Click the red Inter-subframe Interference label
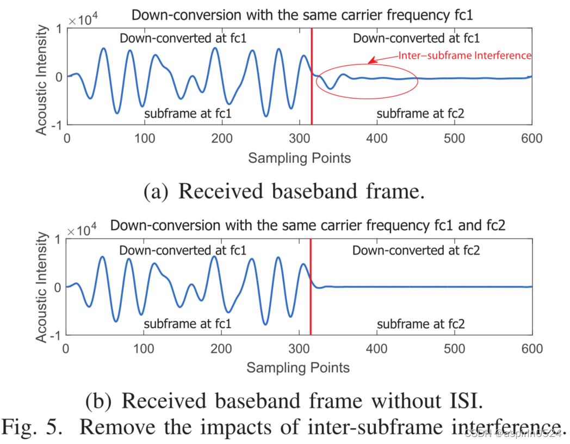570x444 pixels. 464,55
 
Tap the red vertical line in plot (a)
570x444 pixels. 312,98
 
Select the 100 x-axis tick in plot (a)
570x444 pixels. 144,139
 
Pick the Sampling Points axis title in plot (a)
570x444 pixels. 299,158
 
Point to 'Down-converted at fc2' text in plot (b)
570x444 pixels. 416,250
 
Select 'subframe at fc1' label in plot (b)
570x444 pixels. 188,324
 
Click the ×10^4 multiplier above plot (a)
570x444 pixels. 83,21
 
